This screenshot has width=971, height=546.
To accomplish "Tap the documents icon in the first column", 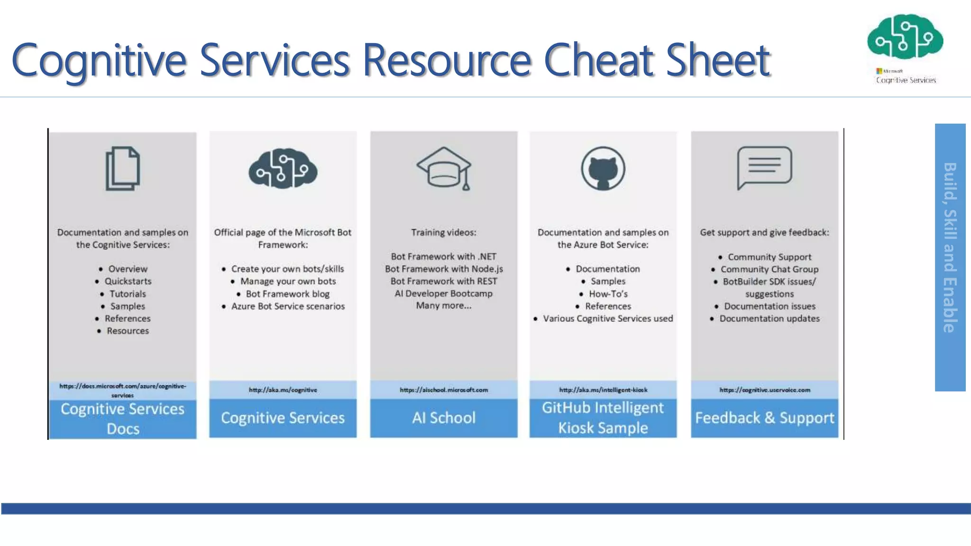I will (x=122, y=168).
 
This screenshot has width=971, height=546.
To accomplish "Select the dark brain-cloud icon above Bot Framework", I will (x=283, y=168).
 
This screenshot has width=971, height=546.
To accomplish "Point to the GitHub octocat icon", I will (x=603, y=168).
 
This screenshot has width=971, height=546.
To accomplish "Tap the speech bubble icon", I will (x=764, y=167).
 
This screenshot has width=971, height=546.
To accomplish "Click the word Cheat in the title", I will (x=599, y=60).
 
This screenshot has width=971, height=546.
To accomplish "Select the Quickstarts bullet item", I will (x=128, y=281).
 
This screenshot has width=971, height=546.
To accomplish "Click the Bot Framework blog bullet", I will (x=287, y=294).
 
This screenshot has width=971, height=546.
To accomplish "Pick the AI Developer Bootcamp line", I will (x=444, y=293).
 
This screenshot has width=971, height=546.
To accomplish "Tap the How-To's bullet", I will (x=608, y=294).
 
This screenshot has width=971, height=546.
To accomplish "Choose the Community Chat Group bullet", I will (x=769, y=269).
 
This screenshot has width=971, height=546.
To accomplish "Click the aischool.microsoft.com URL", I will (x=444, y=390).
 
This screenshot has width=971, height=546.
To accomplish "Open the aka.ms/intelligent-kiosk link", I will (x=603, y=390).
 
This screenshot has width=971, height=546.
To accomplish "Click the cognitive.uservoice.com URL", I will (x=764, y=390).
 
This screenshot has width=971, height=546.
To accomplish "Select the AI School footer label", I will (x=444, y=418).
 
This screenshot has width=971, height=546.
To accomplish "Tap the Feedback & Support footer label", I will (x=764, y=418).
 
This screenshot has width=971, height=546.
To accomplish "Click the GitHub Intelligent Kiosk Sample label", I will (x=603, y=418).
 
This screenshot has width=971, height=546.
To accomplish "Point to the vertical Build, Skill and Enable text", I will (x=950, y=247).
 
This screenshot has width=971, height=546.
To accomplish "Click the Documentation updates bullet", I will (x=769, y=318).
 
